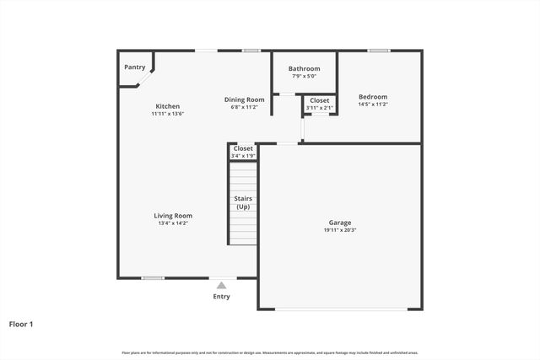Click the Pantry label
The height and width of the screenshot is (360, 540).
tap(134, 67)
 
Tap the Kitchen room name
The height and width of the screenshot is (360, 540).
tap(167, 106)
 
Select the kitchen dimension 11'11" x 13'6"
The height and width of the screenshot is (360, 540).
tap(167, 114)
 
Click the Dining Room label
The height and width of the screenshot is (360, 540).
tap(244, 99)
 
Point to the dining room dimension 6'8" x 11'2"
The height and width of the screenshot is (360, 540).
tap(244, 107)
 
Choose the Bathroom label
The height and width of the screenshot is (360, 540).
tap(304, 68)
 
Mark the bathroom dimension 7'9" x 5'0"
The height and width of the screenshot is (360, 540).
tap(304, 76)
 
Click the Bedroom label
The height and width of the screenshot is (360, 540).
tap(372, 96)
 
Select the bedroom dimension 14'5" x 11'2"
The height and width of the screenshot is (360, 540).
tap(372, 104)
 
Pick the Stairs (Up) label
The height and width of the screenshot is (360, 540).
tap(243, 202)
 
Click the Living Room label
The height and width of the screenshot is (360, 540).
tap(173, 215)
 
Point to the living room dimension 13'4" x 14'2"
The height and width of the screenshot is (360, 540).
tap(173, 223)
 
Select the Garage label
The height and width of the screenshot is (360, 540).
tap(340, 223)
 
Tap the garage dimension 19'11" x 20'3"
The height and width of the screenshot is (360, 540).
tap(340, 230)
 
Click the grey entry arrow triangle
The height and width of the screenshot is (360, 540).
tap(221, 286)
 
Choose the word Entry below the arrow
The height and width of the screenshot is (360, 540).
tap(221, 296)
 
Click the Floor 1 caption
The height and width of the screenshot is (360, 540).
tap(22, 323)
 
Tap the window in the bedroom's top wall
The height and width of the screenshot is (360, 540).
tap(379, 51)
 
